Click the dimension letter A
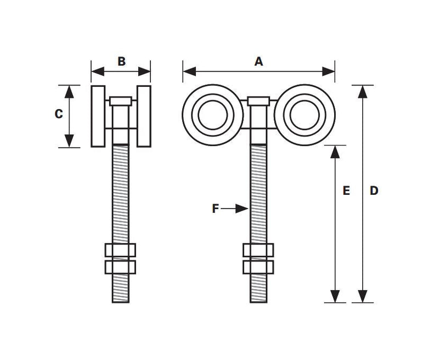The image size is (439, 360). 258,61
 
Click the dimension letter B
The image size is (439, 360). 121,61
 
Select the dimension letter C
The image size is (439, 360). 59,114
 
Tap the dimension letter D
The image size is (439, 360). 374,190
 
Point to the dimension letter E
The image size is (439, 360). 346,190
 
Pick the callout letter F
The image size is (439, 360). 215,209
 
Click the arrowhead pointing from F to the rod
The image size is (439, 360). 241,209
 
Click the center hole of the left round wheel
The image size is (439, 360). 213,115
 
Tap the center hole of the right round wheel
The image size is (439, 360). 305,115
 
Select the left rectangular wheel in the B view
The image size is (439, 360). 98,116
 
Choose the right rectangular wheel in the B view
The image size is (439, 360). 144,116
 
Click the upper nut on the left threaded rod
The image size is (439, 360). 120,250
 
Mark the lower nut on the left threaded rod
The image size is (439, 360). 120,267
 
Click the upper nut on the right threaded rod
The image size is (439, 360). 258,250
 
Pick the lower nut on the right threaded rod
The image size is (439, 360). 258,267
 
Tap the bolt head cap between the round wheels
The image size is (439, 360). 258,101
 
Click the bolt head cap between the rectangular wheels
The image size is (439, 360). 121,101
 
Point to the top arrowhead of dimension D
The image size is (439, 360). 363,92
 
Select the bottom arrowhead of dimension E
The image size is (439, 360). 335,296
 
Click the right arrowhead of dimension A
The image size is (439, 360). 328,71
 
